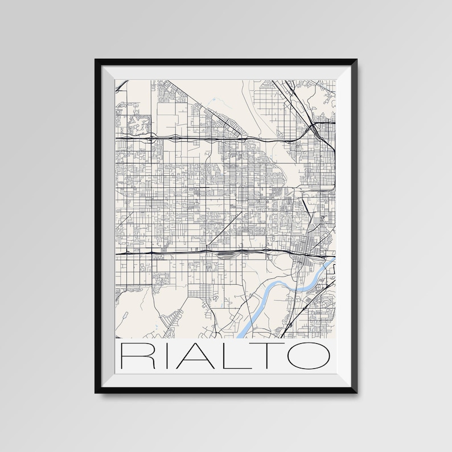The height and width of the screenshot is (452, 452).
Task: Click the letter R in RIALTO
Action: [x=134, y=356]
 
